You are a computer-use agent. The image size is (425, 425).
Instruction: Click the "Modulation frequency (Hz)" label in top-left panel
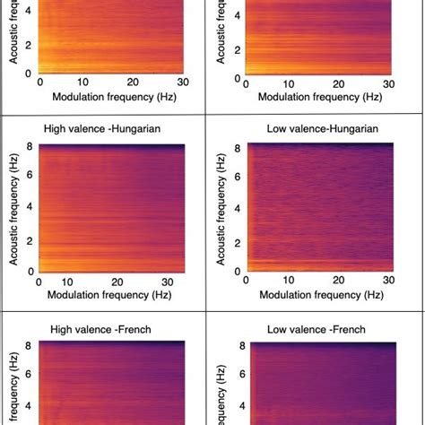point(108,95)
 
